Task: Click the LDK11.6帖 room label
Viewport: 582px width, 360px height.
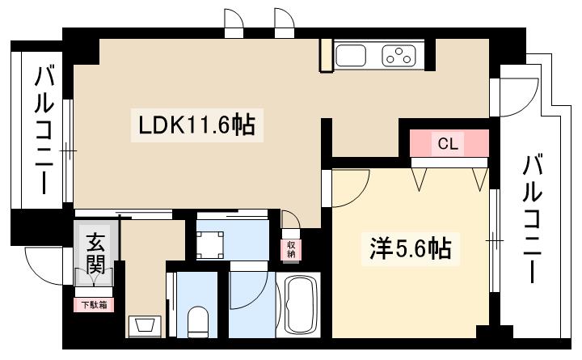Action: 196,125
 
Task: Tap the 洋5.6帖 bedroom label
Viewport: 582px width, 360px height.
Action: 411,248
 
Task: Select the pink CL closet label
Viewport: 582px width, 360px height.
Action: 448,143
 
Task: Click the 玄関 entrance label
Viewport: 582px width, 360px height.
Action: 95,254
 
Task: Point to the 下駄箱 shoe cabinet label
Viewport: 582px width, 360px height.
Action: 95,305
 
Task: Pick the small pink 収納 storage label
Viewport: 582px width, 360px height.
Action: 291,250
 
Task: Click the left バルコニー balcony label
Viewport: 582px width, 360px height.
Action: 44,130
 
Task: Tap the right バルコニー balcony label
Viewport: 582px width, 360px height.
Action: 533,219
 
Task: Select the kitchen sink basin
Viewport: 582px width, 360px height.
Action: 350,56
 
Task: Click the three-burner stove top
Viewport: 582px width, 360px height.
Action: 399,56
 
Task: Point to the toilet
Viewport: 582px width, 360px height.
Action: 198,322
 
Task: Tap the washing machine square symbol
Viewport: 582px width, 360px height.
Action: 210,245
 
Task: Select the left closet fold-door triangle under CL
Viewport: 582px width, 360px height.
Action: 420,179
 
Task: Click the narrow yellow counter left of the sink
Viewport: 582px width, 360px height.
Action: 327,55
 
